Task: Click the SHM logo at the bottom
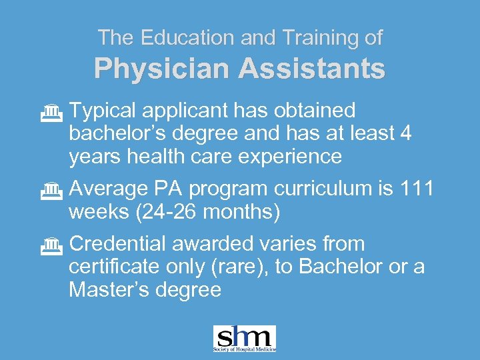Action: (244, 339)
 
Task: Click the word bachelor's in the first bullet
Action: (117, 133)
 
